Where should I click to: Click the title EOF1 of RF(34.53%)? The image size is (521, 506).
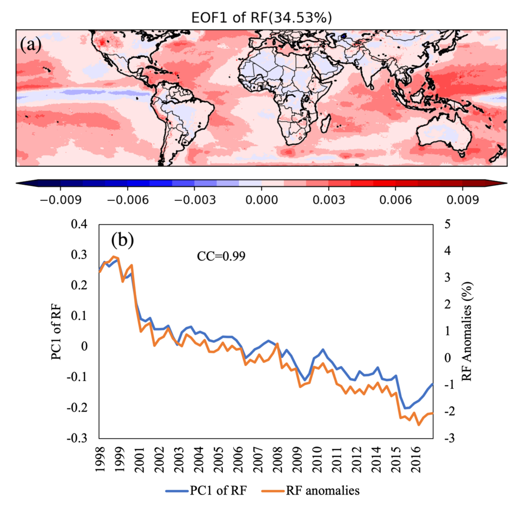click(x=262, y=18)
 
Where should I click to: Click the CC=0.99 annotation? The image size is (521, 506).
click(x=221, y=256)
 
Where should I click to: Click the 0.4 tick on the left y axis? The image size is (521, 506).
click(x=79, y=224)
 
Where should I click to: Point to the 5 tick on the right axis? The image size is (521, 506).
click(x=447, y=224)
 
